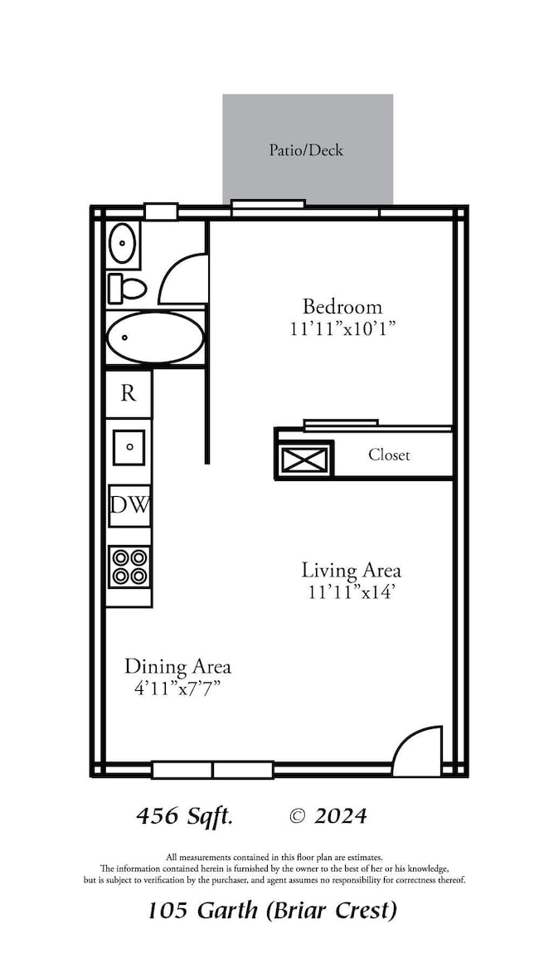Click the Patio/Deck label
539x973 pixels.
(306, 150)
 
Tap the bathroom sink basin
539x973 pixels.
(122, 243)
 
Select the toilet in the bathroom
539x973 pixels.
(127, 289)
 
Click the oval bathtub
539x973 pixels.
(154, 337)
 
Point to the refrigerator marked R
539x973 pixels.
(129, 393)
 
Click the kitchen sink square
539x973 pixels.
(129, 447)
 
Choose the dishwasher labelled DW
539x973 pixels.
(129, 506)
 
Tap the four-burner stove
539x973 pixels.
(129, 567)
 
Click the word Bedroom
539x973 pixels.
(342, 307)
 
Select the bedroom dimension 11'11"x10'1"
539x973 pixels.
(342, 328)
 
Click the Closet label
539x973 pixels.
(389, 455)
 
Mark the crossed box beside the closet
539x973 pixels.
(304, 460)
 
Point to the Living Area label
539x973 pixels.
(351, 570)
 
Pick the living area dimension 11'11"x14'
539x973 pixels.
(352, 592)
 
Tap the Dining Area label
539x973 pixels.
(177, 667)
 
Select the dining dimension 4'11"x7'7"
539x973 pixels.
(178, 688)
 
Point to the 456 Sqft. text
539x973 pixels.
(184, 816)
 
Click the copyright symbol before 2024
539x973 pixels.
(297, 816)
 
